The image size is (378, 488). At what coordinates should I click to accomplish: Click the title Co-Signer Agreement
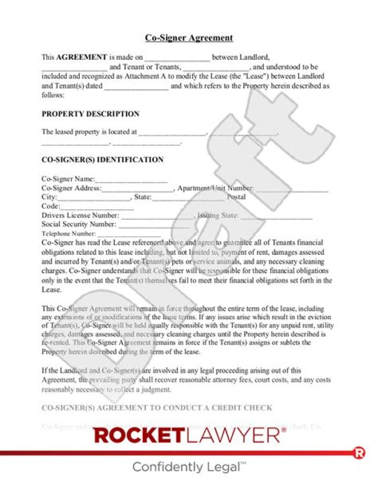point(189,38)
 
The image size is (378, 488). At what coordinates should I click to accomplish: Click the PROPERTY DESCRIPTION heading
point(90,114)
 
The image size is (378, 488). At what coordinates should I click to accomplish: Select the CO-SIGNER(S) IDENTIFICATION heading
point(102,159)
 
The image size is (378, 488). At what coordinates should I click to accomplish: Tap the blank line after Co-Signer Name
point(131,180)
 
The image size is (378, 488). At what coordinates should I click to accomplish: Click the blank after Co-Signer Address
point(138,189)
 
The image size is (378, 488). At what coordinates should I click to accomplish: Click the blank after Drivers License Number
point(157,216)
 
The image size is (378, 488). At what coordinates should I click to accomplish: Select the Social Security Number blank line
point(153,225)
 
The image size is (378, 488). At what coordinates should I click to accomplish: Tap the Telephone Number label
point(69,234)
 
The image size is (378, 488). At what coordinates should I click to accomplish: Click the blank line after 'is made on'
point(177,58)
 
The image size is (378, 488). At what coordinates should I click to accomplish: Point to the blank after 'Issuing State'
point(277,216)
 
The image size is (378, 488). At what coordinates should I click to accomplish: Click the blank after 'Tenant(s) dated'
point(136,86)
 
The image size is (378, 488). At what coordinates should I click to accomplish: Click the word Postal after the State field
point(236,197)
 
